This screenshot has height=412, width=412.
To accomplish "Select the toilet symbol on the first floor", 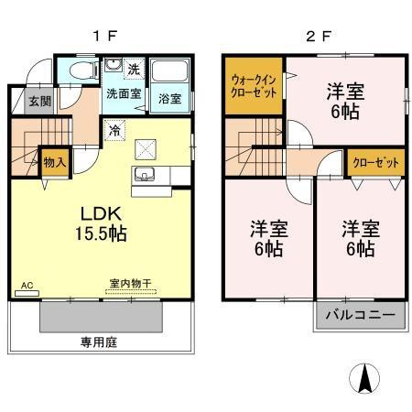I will coord(77,71).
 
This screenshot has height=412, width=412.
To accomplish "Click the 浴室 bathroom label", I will coord(170,98).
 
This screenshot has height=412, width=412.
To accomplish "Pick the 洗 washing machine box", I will coord(134,70).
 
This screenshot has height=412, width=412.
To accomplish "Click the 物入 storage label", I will coord(54,163).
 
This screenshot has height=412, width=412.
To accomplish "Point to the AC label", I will coord(27,285).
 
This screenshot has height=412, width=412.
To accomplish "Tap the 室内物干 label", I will coord(130,286).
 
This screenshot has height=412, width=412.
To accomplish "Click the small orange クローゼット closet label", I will coord(375,162).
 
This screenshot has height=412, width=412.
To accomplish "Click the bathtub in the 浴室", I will coord(170,73).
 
